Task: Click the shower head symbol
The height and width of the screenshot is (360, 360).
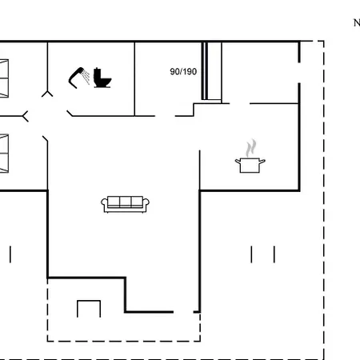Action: pos(78,78)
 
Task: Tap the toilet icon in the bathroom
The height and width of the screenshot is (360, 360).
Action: pos(102,78)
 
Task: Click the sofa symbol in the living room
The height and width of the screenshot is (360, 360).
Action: pos(125,205)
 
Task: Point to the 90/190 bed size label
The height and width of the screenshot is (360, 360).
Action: pos(183,71)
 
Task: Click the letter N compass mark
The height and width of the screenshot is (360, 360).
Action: pos(357,23)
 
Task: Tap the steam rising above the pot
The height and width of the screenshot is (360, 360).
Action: pos(251,148)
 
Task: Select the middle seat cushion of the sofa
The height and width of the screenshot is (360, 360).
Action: pos(126,202)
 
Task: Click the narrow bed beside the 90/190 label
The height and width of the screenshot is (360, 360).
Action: pos(211,71)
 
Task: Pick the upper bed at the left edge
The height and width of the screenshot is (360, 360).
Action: pos(4,78)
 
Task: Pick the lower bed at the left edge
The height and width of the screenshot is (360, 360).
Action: pos(4,154)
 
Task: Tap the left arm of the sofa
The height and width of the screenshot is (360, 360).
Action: pos(104,205)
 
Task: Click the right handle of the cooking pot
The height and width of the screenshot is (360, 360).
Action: pos(262,161)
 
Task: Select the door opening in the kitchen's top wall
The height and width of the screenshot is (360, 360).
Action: pos(240,103)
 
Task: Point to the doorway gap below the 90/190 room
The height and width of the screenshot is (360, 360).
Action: pos(165,116)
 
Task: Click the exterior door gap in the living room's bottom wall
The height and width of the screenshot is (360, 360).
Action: pos(183,311)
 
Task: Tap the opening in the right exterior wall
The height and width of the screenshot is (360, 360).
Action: pos(299,73)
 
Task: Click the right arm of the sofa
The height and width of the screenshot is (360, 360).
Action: pos(146,205)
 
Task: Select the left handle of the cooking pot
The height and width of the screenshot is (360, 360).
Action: pos(238,161)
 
